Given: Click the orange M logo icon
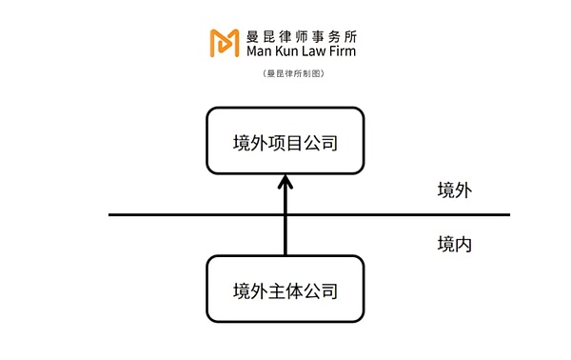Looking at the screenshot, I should [x=226, y=43].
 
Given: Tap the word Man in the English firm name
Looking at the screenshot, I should [x=263, y=50].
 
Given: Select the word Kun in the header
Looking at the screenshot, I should [x=293, y=50].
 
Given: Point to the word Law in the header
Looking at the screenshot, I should [x=321, y=50].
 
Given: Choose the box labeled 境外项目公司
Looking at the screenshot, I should [x=285, y=142].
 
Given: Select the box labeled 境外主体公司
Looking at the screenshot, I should [x=285, y=289].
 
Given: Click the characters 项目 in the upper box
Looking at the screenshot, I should [x=285, y=143].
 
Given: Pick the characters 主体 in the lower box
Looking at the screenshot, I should [x=285, y=290].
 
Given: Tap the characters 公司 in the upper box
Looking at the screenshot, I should [x=320, y=143].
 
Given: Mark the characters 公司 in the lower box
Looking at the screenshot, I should [x=320, y=290].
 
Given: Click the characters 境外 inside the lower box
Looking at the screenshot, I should [x=251, y=290].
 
